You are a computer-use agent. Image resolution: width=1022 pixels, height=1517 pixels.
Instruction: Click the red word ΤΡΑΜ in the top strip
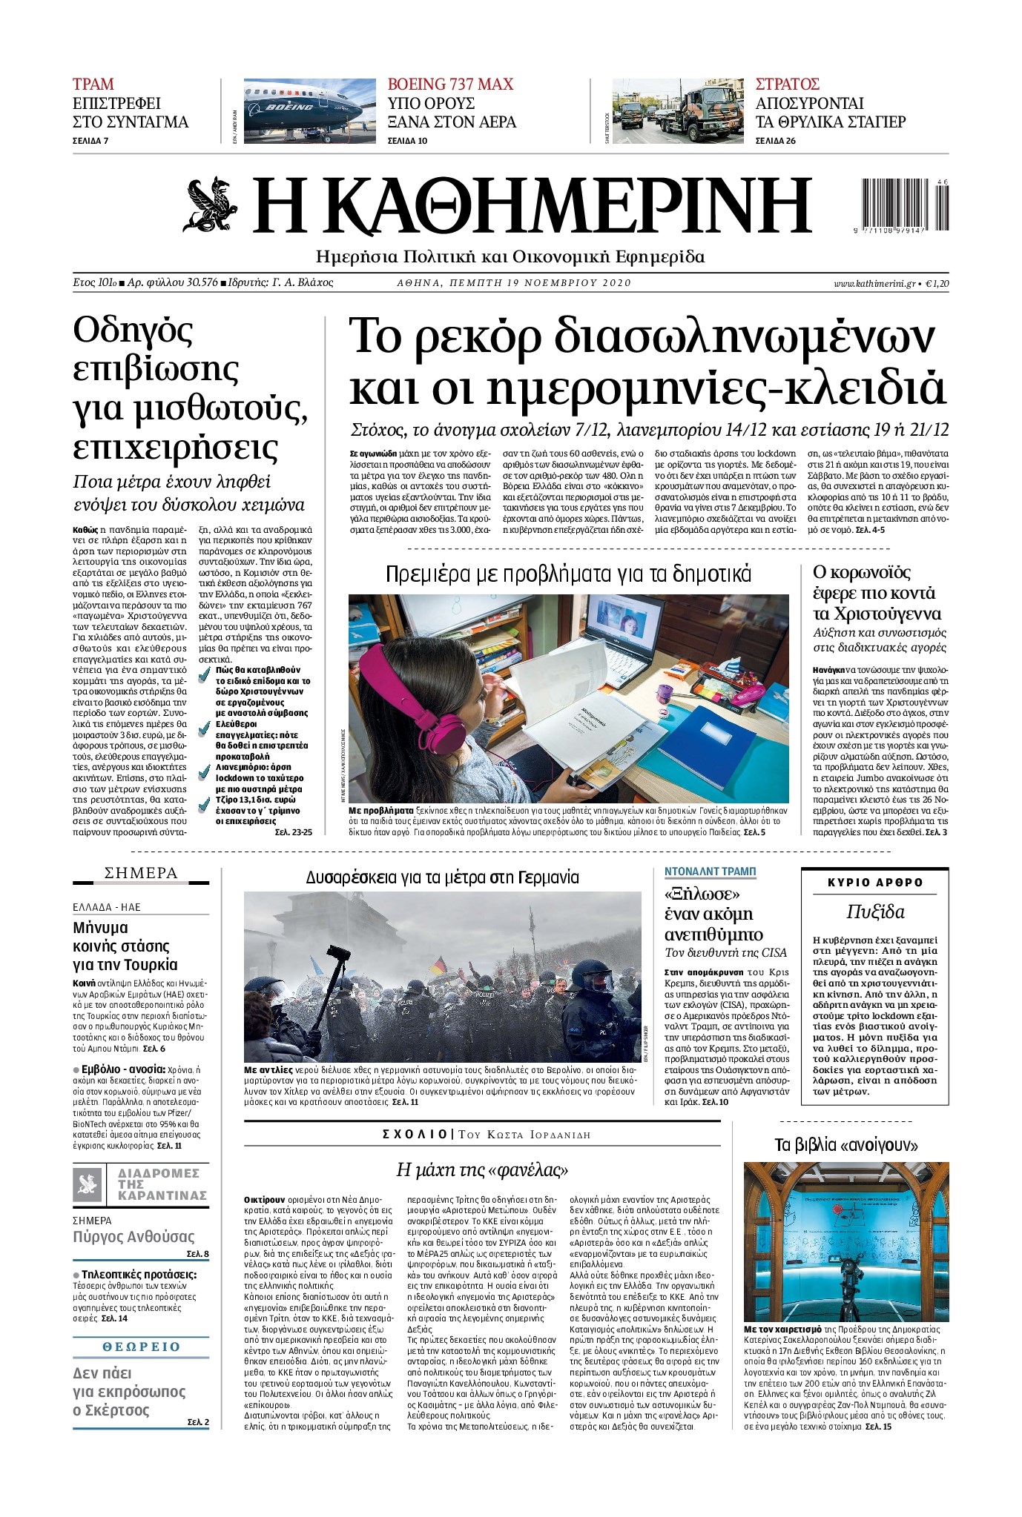93,84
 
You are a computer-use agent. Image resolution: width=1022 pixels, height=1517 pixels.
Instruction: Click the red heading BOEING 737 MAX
450,84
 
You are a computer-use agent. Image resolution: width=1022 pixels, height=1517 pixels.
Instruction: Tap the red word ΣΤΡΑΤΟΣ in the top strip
787,84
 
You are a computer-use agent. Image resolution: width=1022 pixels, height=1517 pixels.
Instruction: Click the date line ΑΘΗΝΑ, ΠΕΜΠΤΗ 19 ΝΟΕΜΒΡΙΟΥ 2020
513,282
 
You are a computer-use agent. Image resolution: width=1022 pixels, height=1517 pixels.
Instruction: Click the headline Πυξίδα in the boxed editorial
875,912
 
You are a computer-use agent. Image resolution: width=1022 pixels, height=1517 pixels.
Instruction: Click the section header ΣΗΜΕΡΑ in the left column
141,873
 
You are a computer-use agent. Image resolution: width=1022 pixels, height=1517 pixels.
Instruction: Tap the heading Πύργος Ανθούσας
133,1236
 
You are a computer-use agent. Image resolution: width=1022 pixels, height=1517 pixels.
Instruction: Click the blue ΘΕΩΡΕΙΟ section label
141,1347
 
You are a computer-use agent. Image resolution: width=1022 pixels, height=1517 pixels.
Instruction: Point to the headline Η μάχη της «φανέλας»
482,1169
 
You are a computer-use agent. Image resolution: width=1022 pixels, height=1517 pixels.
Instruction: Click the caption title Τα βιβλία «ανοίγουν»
846,1145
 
